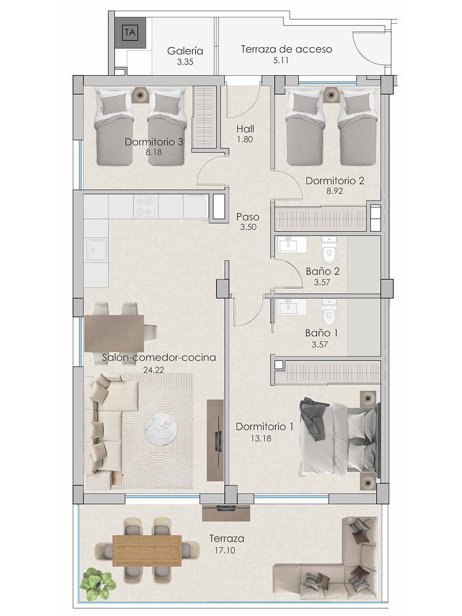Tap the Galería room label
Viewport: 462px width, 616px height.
point(185,51)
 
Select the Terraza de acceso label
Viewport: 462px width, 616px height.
point(286,49)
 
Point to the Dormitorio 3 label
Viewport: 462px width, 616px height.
point(154,142)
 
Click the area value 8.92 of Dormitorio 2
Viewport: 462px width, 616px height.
point(335,191)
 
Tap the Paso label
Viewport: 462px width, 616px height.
point(248,217)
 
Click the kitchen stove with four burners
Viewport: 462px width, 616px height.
point(145,206)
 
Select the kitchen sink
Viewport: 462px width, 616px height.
point(95,250)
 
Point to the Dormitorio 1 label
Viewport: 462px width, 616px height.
point(264,426)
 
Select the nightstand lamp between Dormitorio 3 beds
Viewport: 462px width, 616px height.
point(140,95)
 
